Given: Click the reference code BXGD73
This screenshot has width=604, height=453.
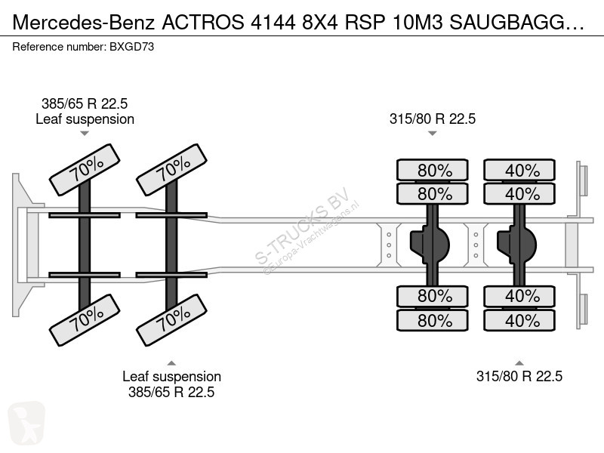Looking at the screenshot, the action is tap(131, 47).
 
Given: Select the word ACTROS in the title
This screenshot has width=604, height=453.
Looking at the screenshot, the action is tap(203, 23).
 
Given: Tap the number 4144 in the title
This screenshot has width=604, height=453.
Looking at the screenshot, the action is tap(273, 23).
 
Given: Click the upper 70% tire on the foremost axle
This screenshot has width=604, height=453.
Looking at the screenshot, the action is tap(85, 170).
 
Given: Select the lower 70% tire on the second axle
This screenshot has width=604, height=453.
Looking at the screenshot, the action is tap(172, 320).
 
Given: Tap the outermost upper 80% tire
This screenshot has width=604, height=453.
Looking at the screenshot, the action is tap(433, 170).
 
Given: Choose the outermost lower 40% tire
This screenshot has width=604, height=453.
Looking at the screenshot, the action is tap(519, 320).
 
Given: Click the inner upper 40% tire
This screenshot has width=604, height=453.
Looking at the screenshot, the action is tap(519, 194).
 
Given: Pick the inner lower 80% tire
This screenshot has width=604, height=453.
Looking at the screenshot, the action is tap(433, 296).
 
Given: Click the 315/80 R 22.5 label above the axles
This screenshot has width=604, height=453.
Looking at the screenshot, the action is tap(433, 119).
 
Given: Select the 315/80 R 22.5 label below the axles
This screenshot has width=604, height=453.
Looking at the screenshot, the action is tap(519, 376).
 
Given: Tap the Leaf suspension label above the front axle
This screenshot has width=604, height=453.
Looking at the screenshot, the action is tap(85, 119).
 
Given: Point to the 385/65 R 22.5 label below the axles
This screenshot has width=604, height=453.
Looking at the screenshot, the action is tap(171, 392).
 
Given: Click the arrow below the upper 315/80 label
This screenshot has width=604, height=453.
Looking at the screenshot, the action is tap(432, 134).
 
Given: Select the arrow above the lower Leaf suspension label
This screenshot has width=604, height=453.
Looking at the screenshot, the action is tap(171, 363).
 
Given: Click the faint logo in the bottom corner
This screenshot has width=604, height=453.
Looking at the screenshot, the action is tap(26, 424).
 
